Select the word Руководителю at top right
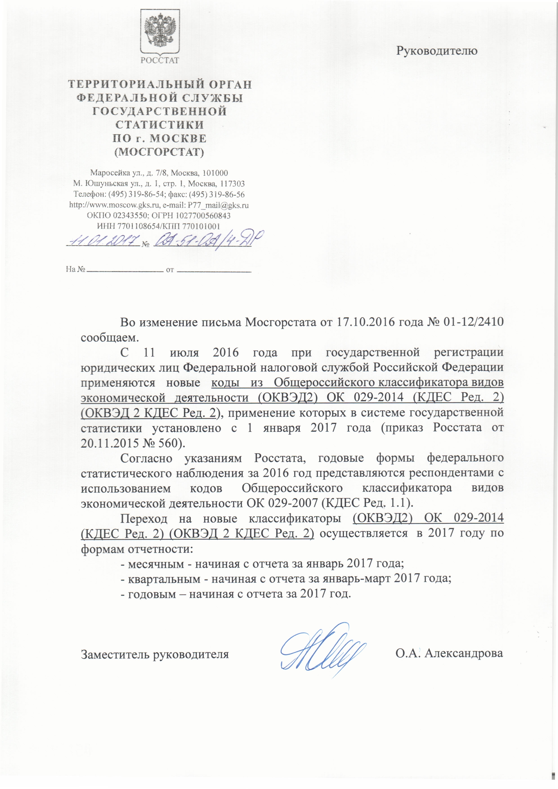click(x=437, y=51)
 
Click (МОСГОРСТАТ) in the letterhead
click(x=159, y=152)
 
